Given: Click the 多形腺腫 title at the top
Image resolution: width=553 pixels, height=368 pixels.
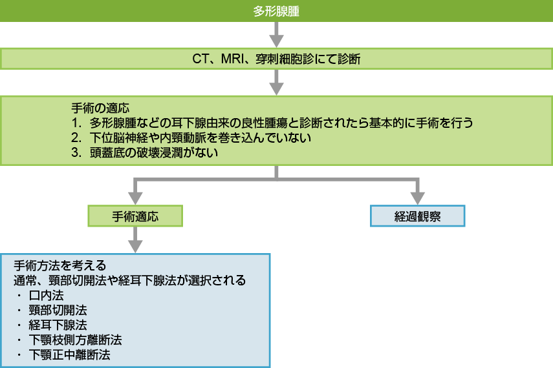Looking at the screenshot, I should coord(276,12).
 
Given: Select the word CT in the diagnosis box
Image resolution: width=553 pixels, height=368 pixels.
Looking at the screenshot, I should coord(200,59).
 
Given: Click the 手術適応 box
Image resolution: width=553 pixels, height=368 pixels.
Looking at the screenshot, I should coord(135,216).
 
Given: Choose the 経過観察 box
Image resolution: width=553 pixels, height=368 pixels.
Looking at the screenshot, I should coord(417,216).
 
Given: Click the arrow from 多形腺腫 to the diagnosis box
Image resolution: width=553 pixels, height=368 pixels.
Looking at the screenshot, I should coord(276,34).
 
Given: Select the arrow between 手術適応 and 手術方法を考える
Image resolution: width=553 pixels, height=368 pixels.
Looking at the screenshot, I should coord(135,240).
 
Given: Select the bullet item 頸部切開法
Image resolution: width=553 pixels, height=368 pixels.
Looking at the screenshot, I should coord(57,310).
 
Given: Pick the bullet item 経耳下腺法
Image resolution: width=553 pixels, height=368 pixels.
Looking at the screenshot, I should coord(57,325).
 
